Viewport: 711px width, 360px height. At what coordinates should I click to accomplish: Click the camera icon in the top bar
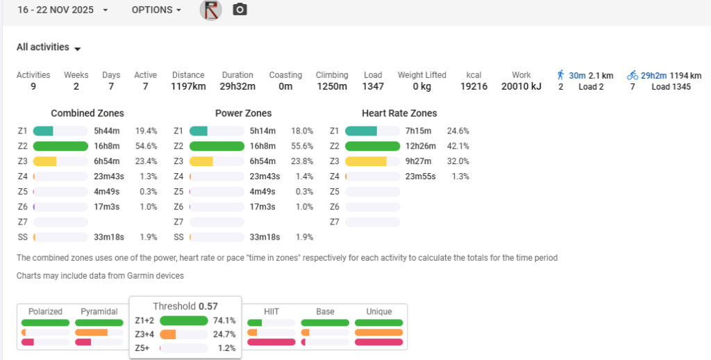240,10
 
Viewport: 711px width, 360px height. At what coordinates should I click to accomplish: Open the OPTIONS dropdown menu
156,10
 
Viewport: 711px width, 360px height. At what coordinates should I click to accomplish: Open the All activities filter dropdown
49,48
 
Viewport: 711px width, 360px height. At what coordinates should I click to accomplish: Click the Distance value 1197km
188,87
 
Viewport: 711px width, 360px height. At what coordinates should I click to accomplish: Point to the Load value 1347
373,87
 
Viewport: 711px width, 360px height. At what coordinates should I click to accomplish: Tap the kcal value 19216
474,87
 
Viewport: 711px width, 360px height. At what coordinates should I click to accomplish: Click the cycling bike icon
632,75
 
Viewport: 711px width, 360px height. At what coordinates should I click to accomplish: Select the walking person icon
561,75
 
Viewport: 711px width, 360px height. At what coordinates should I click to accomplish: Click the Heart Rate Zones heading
399,113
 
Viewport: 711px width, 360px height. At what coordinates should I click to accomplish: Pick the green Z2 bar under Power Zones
217,146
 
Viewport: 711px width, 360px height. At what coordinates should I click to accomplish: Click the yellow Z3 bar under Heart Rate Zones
366,161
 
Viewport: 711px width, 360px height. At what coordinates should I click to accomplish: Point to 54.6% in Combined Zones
146,146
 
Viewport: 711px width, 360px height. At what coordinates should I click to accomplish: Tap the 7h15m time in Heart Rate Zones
419,131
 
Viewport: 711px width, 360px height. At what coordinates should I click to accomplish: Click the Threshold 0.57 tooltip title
185,306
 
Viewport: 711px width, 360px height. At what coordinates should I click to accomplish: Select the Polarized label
45,311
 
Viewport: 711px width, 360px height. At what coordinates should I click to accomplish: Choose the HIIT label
271,311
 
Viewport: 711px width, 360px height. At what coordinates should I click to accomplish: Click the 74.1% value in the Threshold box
225,321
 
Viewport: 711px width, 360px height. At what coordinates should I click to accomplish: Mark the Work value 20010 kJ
521,87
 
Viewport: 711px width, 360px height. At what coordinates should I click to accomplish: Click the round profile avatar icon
210,10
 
